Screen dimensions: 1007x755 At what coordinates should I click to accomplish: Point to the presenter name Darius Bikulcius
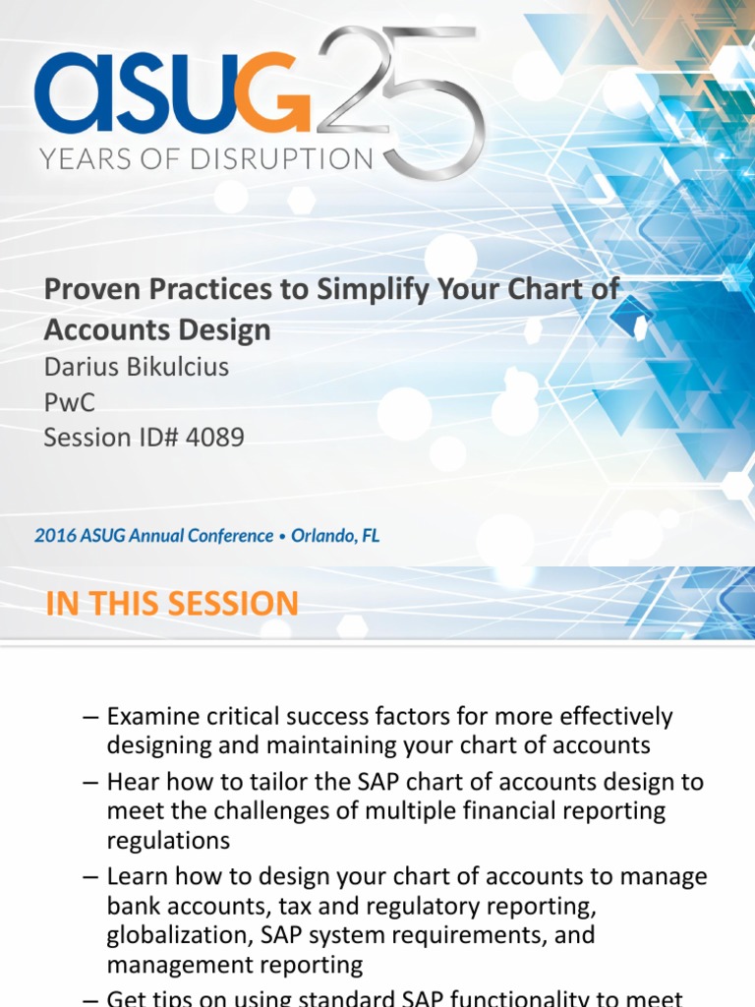[136, 367]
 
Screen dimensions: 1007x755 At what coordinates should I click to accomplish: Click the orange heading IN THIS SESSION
[172, 603]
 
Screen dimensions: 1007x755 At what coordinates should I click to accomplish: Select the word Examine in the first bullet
[152, 716]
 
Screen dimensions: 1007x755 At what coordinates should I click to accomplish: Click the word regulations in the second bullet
[168, 841]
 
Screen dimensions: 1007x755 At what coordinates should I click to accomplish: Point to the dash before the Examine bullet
[91, 716]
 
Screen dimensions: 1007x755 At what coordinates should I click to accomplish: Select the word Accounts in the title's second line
[108, 329]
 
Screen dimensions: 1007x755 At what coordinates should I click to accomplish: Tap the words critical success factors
[335, 716]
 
